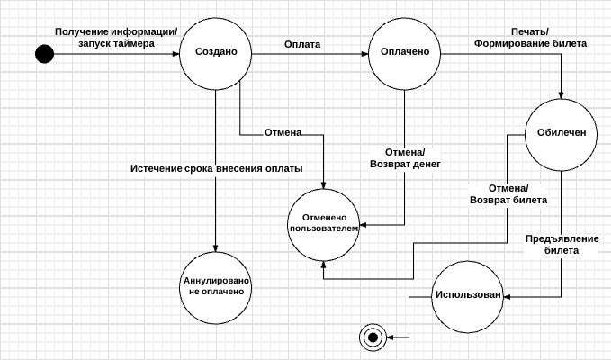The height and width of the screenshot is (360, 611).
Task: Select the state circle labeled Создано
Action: click(216, 52)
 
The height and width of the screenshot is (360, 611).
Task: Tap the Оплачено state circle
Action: click(404, 52)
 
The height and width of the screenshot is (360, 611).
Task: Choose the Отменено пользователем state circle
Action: click(324, 222)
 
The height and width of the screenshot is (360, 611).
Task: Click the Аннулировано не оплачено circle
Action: click(216, 286)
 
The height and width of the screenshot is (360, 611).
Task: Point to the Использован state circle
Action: click(469, 295)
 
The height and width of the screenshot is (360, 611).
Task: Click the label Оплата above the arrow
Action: click(302, 42)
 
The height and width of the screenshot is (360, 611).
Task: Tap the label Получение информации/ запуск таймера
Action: click(116, 37)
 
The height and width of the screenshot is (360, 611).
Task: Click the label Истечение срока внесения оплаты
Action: click(216, 168)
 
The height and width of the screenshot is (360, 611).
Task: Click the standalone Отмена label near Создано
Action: click(283, 133)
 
